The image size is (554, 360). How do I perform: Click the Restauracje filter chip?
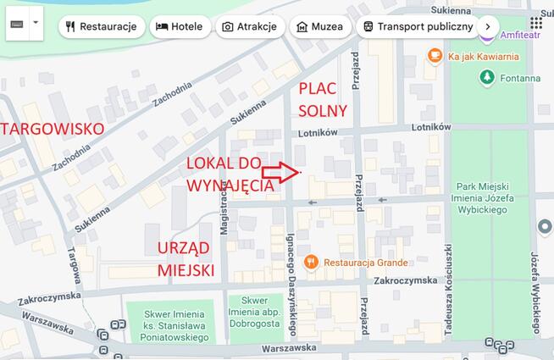tap(101, 26)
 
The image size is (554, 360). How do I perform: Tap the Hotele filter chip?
tap(180, 26)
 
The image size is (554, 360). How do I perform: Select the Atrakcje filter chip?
tap(249, 26)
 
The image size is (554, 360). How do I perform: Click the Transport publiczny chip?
tap(417, 26)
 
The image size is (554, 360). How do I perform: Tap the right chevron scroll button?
tap(487, 26)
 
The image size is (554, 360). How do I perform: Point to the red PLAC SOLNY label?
tap(323, 99)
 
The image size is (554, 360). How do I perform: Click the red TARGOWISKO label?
tap(52, 129)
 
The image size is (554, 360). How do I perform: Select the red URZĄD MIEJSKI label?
tap(185, 258)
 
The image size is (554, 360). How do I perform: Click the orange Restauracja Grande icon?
tap(311, 262)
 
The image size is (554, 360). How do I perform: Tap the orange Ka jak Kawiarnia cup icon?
tap(435, 56)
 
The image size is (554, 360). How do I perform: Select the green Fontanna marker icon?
tap(486, 78)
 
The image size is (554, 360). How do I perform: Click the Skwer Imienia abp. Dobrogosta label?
tap(254, 312)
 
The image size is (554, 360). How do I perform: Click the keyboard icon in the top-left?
tap(16, 23)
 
